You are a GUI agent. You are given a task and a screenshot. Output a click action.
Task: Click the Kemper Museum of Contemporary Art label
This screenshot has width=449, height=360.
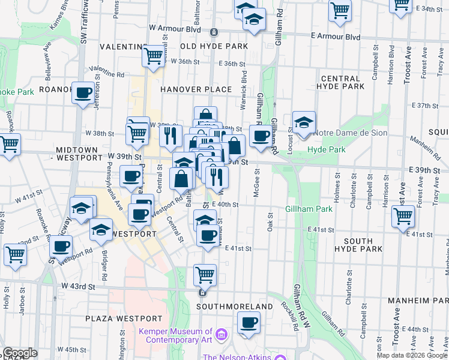click(175, 335)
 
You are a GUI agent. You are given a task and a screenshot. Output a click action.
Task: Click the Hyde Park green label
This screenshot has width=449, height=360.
click(324, 149)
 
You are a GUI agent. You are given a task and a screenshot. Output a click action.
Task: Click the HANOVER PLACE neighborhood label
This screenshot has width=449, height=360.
click(196, 89)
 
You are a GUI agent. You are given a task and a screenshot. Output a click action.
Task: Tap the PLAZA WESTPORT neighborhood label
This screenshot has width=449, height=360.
click(124, 318)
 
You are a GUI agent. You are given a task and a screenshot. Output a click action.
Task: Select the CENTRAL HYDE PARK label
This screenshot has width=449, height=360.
click(343, 83)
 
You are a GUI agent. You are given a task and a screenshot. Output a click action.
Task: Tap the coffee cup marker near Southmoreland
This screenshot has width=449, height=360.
click(248, 323)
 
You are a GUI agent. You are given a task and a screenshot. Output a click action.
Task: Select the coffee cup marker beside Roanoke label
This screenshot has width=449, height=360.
click(83, 93)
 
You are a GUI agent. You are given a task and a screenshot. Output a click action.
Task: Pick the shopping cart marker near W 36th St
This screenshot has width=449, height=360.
click(153, 56)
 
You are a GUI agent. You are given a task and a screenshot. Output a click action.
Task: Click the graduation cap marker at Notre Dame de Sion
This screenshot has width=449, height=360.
click(304, 122)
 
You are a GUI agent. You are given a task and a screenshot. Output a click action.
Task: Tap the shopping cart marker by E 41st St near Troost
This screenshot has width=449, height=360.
click(403, 215)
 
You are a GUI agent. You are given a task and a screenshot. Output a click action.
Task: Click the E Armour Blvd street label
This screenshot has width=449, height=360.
click(336, 37)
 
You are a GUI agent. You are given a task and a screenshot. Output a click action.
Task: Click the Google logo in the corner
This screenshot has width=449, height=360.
click(20, 353)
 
